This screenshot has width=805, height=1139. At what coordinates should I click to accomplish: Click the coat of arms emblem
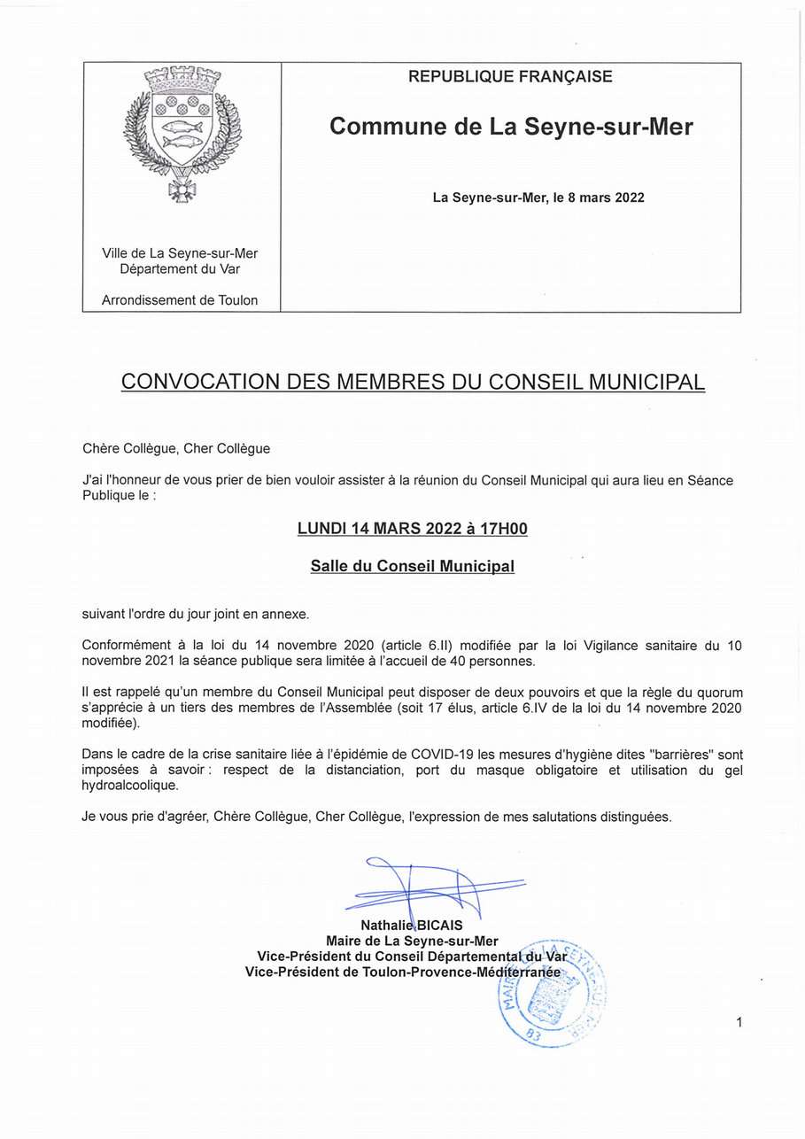pyautogui.click(x=182, y=134)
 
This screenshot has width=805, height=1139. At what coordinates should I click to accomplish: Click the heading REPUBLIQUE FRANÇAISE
pyautogui.click(x=510, y=77)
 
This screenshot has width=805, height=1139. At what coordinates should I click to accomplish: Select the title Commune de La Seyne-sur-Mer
pyautogui.click(x=511, y=127)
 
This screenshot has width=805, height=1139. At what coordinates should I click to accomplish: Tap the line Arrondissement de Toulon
pyautogui.click(x=180, y=300)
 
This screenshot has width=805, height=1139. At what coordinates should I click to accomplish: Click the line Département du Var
pyautogui.click(x=180, y=269)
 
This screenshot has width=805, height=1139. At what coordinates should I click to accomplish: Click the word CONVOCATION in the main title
pyautogui.click(x=200, y=382)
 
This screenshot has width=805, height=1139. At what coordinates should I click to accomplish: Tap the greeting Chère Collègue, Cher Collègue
pyautogui.click(x=176, y=449)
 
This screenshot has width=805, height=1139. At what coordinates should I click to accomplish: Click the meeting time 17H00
pyautogui.click(x=503, y=529)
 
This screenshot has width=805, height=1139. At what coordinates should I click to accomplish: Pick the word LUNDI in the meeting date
pyautogui.click(x=321, y=529)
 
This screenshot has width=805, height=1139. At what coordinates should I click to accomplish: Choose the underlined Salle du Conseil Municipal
pyautogui.click(x=412, y=566)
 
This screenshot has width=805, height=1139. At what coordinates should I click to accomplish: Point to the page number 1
pyautogui.click(x=739, y=1023)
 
